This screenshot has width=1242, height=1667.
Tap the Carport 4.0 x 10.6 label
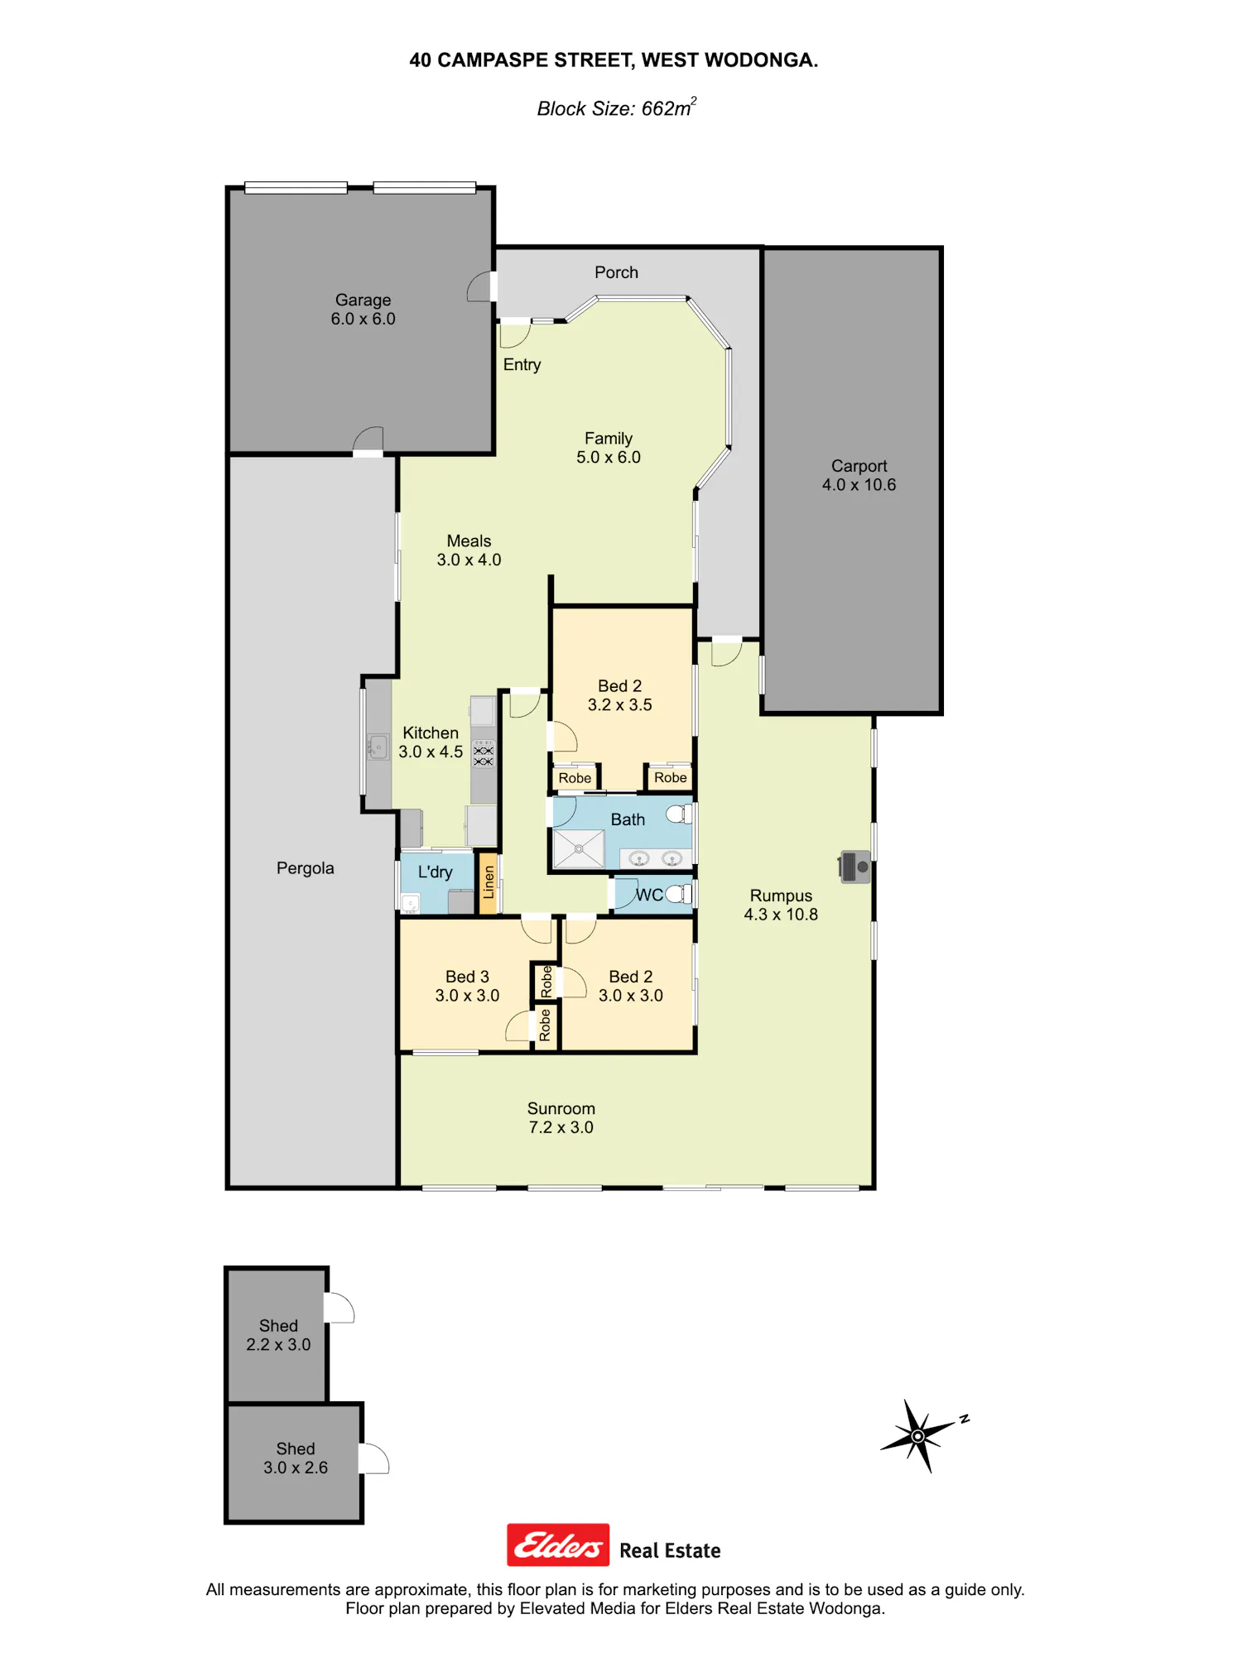(x=859, y=476)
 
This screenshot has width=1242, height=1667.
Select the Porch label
(x=616, y=272)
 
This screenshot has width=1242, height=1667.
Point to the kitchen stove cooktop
(x=484, y=753)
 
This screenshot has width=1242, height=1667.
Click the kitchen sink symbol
(x=378, y=747)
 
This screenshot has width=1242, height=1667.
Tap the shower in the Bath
(x=579, y=848)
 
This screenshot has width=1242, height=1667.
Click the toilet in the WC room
(x=679, y=894)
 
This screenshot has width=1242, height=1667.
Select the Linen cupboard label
(x=489, y=882)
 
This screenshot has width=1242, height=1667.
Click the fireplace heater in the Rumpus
(x=854, y=867)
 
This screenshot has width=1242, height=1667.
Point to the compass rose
(x=919, y=1436)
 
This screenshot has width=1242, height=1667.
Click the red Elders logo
(x=558, y=1545)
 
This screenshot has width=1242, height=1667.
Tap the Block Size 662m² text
(x=616, y=108)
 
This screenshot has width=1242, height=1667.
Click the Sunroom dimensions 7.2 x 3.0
(x=561, y=1127)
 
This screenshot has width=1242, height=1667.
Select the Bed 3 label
(x=467, y=977)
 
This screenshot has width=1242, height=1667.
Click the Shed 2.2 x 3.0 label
(x=278, y=1335)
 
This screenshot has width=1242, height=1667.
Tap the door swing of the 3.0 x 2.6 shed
(x=374, y=1458)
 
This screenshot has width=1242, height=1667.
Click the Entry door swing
(x=514, y=334)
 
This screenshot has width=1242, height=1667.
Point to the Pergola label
(x=305, y=868)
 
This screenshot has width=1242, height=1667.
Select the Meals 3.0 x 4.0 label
(x=469, y=550)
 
